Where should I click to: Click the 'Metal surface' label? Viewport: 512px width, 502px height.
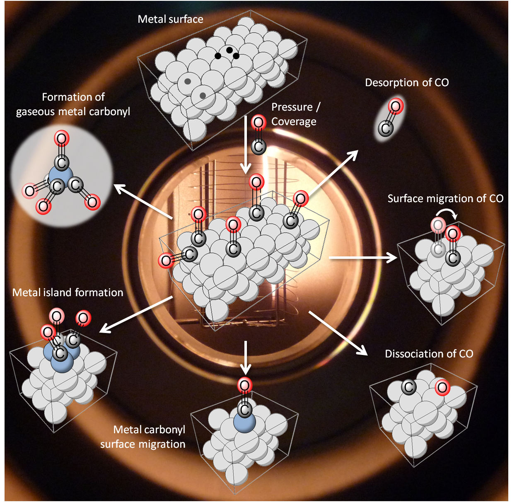point(170,19)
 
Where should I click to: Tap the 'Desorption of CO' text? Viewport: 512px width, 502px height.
point(407,82)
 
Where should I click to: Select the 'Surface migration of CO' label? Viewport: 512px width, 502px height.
point(445,198)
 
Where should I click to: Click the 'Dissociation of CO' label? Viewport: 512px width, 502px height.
point(429,354)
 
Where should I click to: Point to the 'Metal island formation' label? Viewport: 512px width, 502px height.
point(68,292)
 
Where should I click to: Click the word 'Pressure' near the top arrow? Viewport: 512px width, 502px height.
point(292,107)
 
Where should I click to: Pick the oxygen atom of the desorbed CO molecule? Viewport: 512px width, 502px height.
point(396,106)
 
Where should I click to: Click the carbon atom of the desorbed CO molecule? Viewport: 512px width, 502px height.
point(386,128)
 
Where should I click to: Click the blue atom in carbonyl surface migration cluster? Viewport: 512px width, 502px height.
point(244,422)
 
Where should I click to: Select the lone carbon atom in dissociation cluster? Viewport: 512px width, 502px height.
point(408,387)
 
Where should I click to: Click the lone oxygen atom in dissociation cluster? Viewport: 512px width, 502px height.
point(442,388)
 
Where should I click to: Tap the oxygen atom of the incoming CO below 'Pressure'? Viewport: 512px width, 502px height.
point(258,122)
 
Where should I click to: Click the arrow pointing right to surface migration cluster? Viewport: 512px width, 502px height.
point(363,258)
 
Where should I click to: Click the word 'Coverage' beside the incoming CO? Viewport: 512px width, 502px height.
point(294,122)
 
